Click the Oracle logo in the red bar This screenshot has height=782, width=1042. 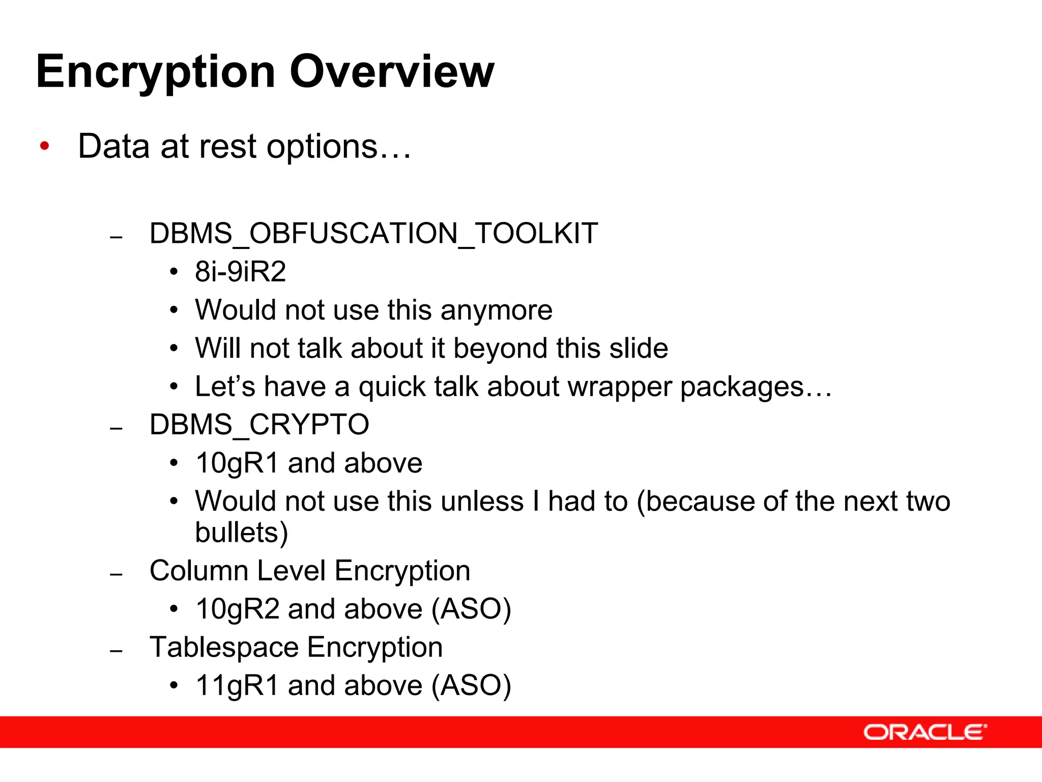pyautogui.click(x=924, y=732)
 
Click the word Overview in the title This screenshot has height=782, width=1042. pyautogui.click(x=392, y=71)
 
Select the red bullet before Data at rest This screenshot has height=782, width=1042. pyautogui.click(x=45, y=146)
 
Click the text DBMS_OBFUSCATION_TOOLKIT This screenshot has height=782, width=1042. pyautogui.click(x=373, y=234)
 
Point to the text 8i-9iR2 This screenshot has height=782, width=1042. pyautogui.click(x=240, y=271)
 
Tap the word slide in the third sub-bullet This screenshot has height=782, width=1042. pyautogui.click(x=639, y=348)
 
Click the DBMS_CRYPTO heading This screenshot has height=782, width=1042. pyautogui.click(x=259, y=425)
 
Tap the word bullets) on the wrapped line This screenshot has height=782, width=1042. pyautogui.click(x=242, y=533)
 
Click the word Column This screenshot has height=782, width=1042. pyautogui.click(x=199, y=571)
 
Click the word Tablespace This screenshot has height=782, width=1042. pyautogui.click(x=224, y=648)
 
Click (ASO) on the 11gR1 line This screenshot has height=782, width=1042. pyautogui.click(x=471, y=686)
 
